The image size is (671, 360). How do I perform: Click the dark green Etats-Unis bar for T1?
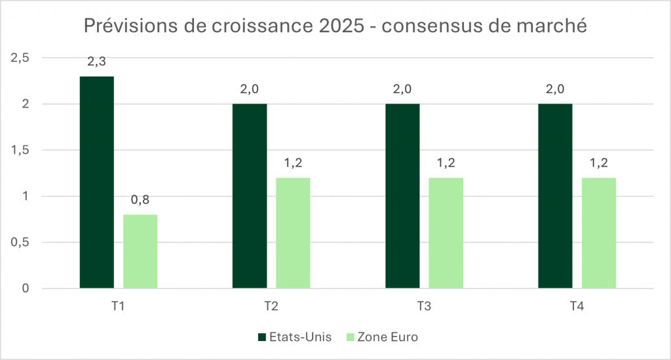coord(96,182)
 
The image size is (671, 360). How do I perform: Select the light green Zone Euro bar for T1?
coord(140,251)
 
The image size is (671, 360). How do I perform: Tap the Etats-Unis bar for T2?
coord(250,195)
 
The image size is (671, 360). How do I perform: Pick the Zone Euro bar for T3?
coord(446,233)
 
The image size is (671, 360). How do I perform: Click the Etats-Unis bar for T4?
coord(555,195)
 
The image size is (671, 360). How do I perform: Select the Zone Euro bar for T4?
coord(599,233)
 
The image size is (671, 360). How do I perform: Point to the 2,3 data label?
coord(96,62)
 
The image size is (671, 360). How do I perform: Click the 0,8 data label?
coord(140,201)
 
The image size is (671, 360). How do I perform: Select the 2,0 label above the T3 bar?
coord(402,90)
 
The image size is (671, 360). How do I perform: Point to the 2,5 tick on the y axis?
coord(22,58)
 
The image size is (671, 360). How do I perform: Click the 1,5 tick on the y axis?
coord(22,150)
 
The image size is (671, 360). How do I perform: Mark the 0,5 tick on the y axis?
coord(22,243)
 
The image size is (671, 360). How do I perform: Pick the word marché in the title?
coord(554,27)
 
